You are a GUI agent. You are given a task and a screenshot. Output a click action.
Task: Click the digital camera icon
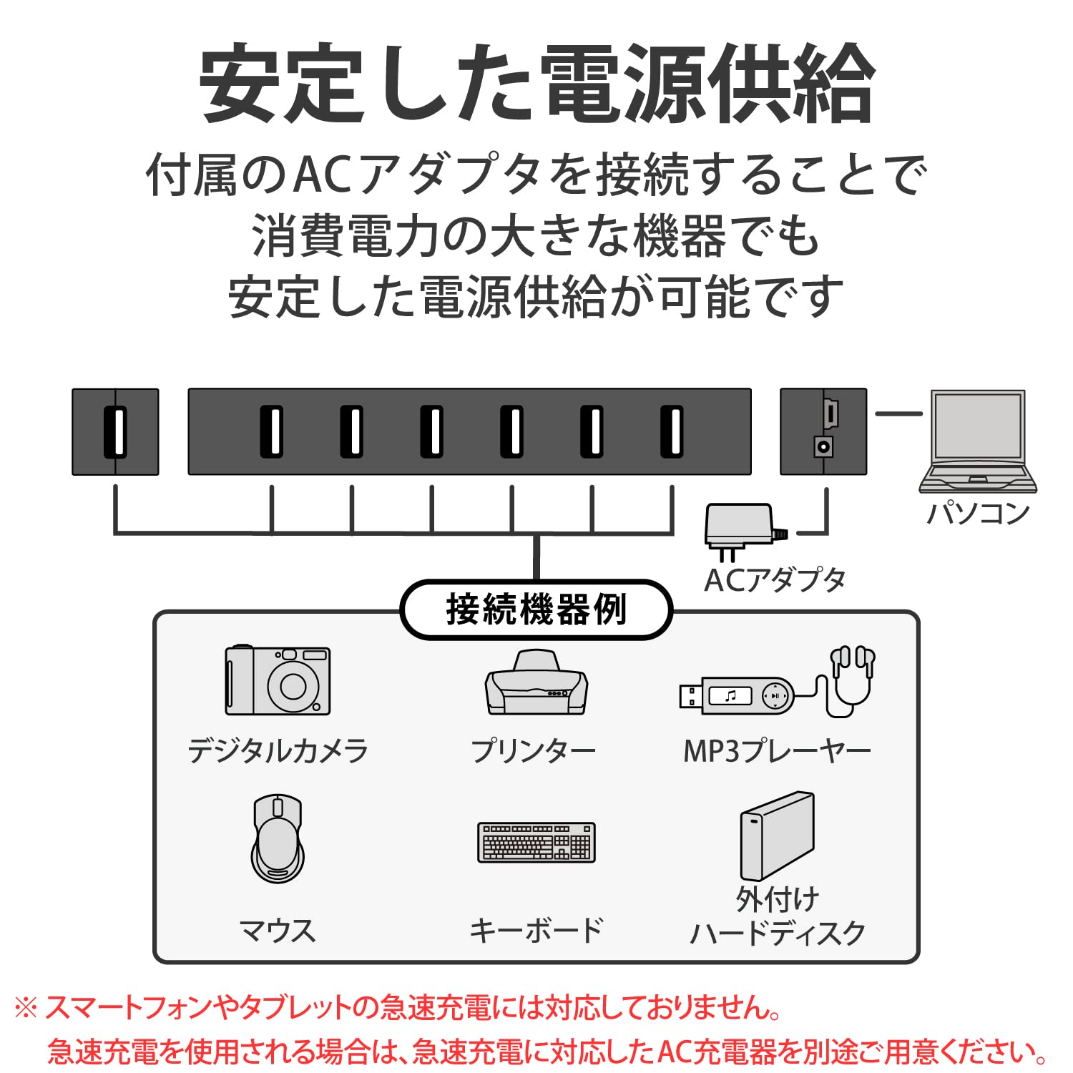[278, 680]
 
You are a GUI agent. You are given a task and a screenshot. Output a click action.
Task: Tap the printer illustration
[536, 683]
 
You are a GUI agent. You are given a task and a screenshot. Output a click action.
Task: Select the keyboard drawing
[536, 842]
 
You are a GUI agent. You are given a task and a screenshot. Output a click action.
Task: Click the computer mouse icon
[278, 838]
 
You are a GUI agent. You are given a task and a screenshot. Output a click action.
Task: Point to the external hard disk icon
[777, 836]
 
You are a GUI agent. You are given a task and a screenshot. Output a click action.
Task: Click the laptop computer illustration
[978, 441]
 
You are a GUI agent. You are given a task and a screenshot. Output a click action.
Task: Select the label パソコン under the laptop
[978, 513]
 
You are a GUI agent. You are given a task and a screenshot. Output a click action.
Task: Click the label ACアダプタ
[775, 580]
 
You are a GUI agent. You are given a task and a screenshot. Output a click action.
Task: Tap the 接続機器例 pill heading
[536, 609]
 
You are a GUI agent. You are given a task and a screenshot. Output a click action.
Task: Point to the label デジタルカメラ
[278, 751]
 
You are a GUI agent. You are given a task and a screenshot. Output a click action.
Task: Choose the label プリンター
[533, 751]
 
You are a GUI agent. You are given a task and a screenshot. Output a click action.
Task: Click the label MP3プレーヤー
[777, 751]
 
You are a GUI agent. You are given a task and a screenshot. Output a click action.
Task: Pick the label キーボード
[536, 930]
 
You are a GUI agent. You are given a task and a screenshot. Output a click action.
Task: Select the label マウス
[278, 930]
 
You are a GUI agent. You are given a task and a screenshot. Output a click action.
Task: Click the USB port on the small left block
[115, 431]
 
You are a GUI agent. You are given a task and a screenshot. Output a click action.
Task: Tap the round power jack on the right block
[823, 448]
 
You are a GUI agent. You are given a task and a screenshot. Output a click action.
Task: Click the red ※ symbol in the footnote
[26, 1009]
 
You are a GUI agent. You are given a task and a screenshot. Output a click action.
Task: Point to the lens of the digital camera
[293, 686]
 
